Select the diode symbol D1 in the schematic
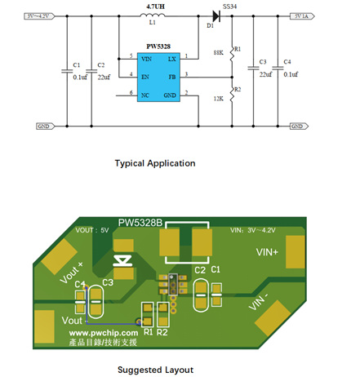(x=217, y=15)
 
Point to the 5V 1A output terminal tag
(x=298, y=16)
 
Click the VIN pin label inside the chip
(x=146, y=59)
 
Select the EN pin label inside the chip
(x=144, y=77)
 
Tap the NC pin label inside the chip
(x=144, y=95)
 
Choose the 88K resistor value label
(x=217, y=52)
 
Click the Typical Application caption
(x=154, y=163)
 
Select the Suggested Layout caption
(x=154, y=368)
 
